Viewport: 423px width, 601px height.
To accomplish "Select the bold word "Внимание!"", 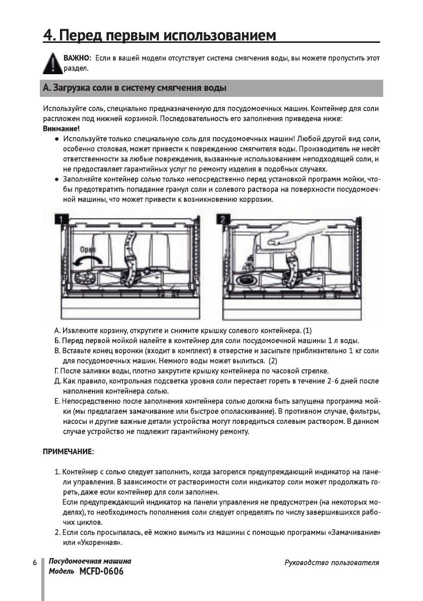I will pyautogui.click(x=57, y=129).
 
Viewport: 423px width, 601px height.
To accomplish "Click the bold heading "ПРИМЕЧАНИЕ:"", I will pyautogui.click(x=68, y=450).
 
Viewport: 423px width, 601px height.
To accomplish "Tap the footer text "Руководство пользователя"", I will pyautogui.click(x=331, y=563).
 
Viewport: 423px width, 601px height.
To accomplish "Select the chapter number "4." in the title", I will pyautogui.click(x=49, y=36).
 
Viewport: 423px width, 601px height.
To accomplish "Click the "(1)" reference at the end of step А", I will pyautogui.click(x=307, y=331).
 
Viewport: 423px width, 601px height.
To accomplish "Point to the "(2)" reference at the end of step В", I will pyautogui.click(x=273, y=361).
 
